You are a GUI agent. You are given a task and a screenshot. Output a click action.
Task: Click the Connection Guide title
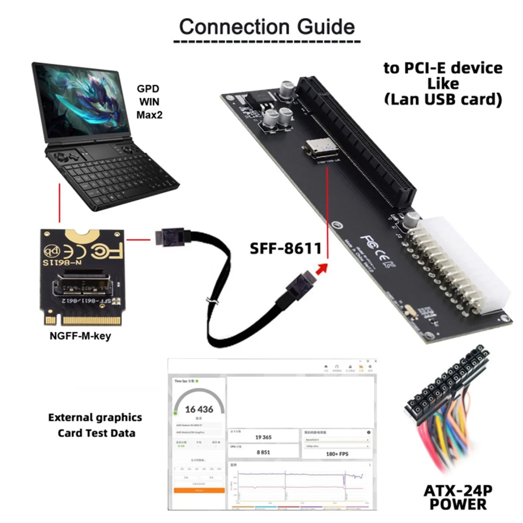[267, 27]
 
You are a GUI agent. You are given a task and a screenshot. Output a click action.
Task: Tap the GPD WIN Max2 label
[148, 102]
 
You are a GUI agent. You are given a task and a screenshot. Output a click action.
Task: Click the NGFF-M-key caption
[80, 336]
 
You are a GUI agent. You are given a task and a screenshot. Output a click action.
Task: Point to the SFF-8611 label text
[285, 248]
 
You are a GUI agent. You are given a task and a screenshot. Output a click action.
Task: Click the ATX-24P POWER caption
[458, 497]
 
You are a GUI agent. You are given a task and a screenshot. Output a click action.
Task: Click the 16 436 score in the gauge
[199, 409]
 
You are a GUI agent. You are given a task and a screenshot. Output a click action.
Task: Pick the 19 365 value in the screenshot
[263, 437]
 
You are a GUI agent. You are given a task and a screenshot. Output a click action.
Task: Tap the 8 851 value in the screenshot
[263, 452]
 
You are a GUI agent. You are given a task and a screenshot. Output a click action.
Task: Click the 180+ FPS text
[337, 454]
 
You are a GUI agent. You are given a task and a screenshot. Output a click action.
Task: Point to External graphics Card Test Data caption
[95, 425]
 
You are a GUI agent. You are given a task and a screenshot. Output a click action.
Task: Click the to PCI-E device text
[443, 68]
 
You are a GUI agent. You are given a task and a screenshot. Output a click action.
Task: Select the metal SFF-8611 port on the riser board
[322, 149]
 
